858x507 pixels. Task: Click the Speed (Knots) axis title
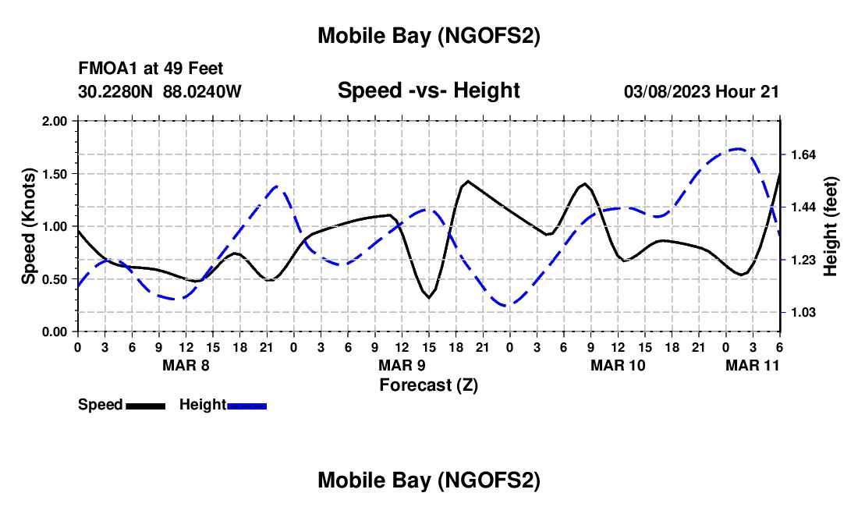[29, 226]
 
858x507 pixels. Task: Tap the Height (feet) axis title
[831, 226]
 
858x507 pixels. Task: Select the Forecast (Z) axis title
[428, 385]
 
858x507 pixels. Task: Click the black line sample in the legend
[145, 406]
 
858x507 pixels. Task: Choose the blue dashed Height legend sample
[247, 406]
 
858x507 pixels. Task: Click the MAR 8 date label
[186, 364]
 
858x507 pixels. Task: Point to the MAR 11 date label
[753, 364]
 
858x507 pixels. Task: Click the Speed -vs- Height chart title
[428, 90]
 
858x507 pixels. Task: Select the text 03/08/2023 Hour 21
[701, 91]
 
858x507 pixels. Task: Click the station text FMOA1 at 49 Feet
[151, 69]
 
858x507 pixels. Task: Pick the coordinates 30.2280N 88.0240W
[160, 91]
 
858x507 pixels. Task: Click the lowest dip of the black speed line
[429, 298]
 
